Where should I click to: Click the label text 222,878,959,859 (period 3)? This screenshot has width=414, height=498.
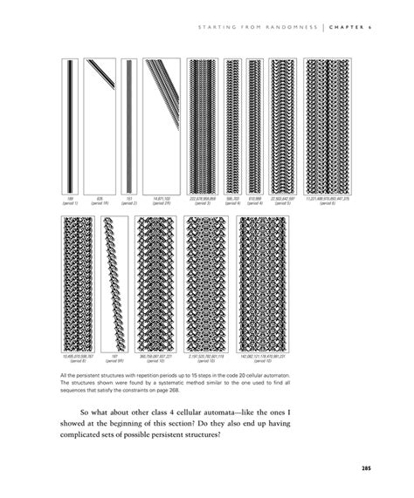pos(202,201)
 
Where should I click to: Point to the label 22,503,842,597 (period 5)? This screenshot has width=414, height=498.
pos(283,201)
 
